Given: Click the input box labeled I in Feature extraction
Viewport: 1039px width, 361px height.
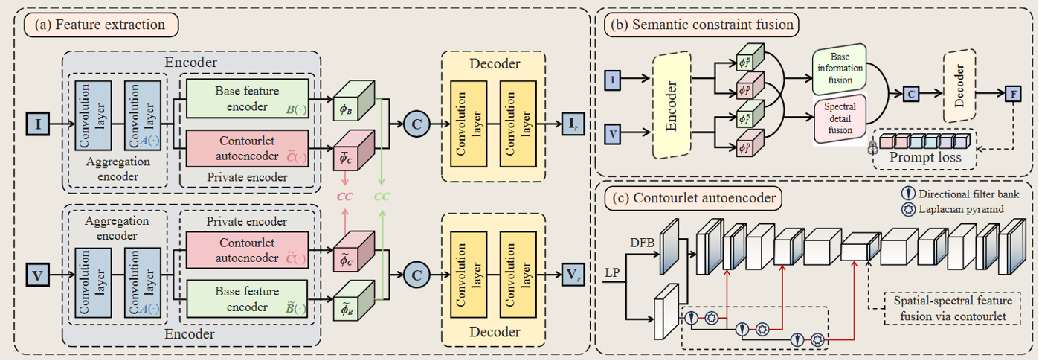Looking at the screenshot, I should pos(38,122).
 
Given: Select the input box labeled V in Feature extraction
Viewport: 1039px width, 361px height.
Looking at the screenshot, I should pos(38,275).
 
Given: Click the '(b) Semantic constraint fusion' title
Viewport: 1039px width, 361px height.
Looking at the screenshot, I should pos(701,25).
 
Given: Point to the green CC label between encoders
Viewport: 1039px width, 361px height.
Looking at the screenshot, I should pos(382,198).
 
